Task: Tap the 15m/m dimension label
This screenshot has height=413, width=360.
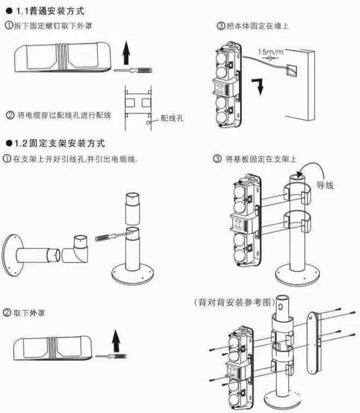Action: point(270,51)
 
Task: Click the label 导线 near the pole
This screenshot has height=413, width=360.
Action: point(325,184)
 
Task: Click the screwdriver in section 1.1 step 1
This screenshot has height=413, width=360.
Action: point(129,71)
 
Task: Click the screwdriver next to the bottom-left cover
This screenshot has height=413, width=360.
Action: point(110,356)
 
